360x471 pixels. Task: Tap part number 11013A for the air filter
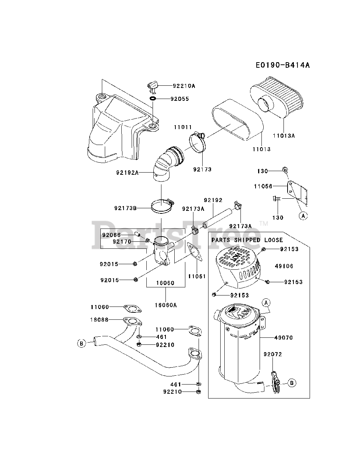284,135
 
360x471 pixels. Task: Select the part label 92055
179,99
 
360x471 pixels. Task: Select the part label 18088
100,320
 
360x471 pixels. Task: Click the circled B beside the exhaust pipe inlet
81,343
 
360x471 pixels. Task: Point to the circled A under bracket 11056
303,216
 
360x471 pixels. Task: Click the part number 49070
283,337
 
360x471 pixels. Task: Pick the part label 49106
284,266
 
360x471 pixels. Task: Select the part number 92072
272,354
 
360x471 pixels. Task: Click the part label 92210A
184,86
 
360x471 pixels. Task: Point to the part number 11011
183,127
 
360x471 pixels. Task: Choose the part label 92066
111,235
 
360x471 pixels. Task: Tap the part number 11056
263,187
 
